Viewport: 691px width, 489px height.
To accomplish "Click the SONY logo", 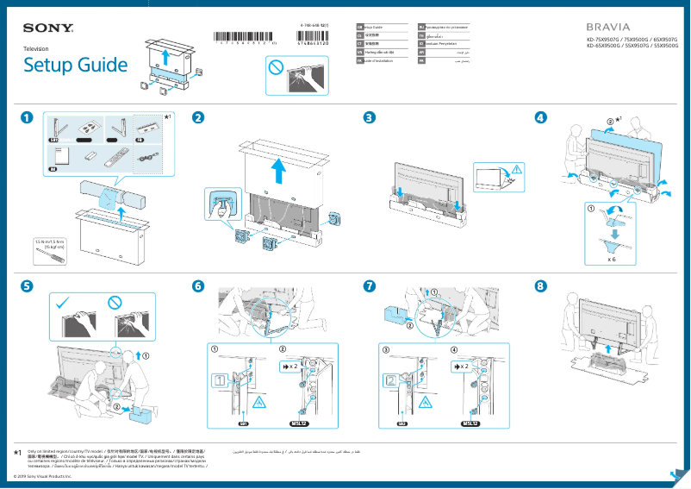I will point(48,28).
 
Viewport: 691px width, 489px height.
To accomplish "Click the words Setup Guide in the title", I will point(75,65).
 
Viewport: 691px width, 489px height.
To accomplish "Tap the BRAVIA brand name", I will point(610,27).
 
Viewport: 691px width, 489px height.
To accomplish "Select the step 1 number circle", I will point(28,118).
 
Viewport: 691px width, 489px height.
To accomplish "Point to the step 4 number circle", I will point(541,118).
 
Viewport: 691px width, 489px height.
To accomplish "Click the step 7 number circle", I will point(370,285).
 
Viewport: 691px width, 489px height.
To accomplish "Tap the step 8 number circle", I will point(541,285).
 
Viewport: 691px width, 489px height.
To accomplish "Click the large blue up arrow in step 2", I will point(278,172).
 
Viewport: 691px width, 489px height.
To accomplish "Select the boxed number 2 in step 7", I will point(389,380).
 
